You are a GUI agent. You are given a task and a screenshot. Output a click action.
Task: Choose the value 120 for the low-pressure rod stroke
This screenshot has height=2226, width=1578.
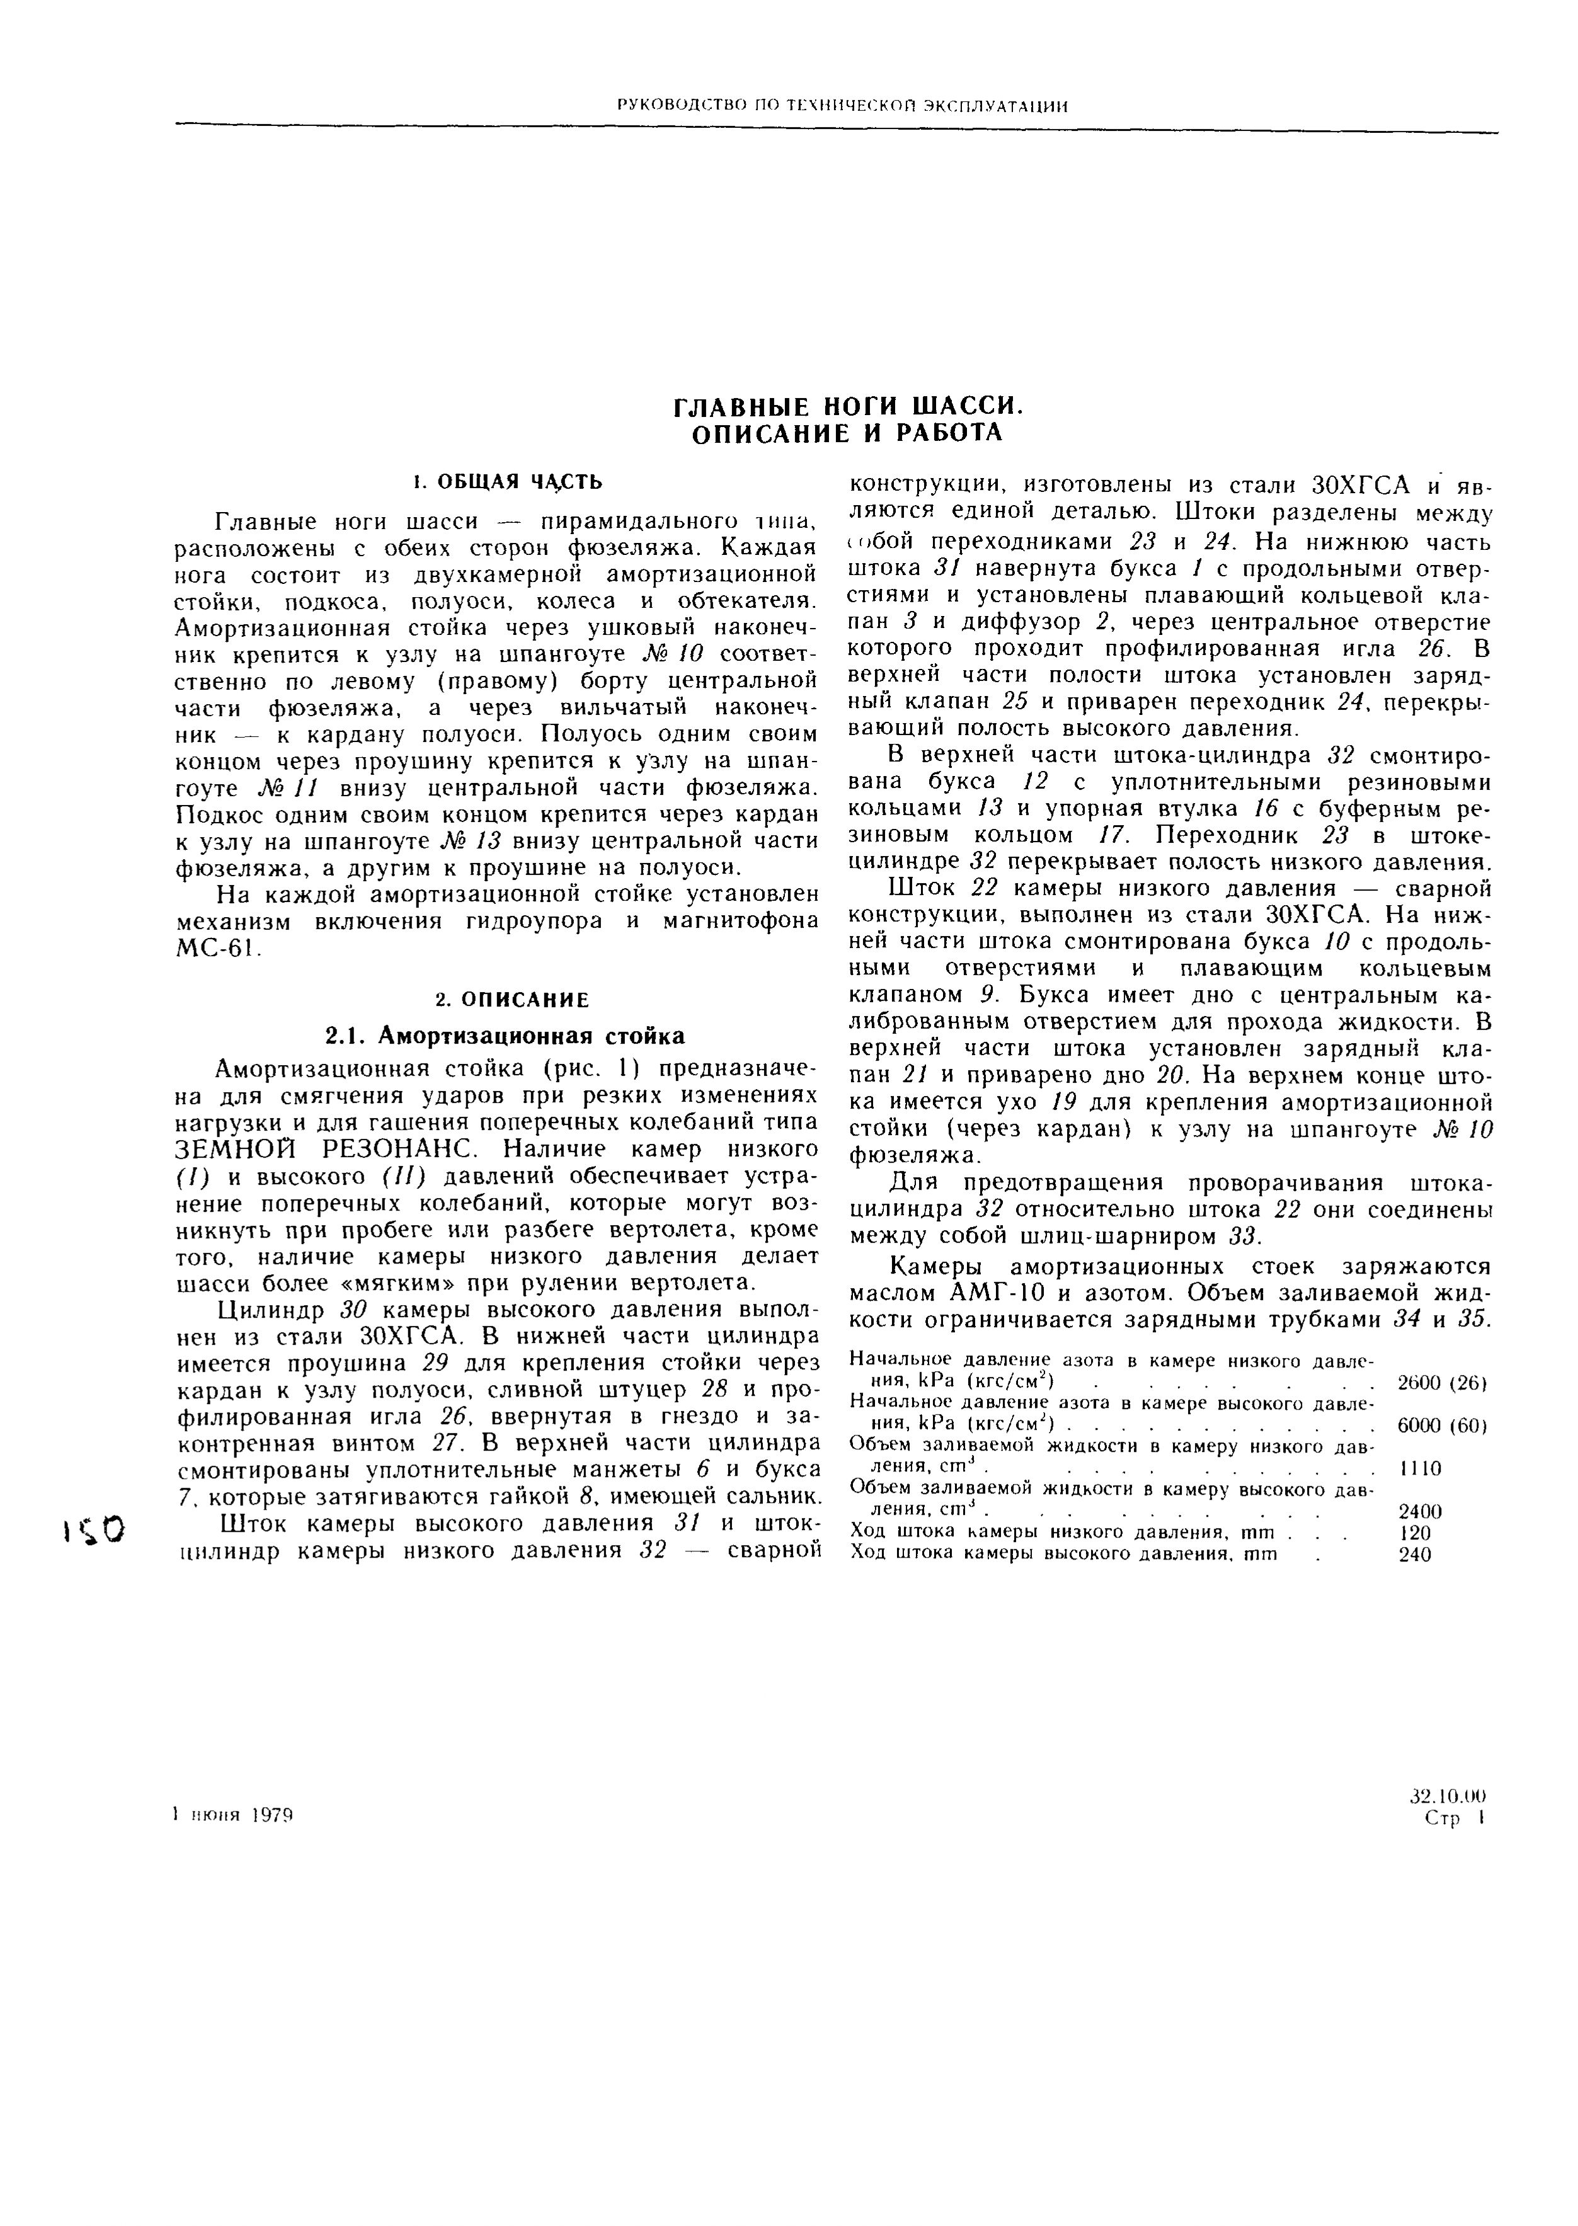point(1415,1533)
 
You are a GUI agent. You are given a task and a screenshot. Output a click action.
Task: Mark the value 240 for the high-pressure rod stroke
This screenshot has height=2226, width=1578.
point(1415,1554)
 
